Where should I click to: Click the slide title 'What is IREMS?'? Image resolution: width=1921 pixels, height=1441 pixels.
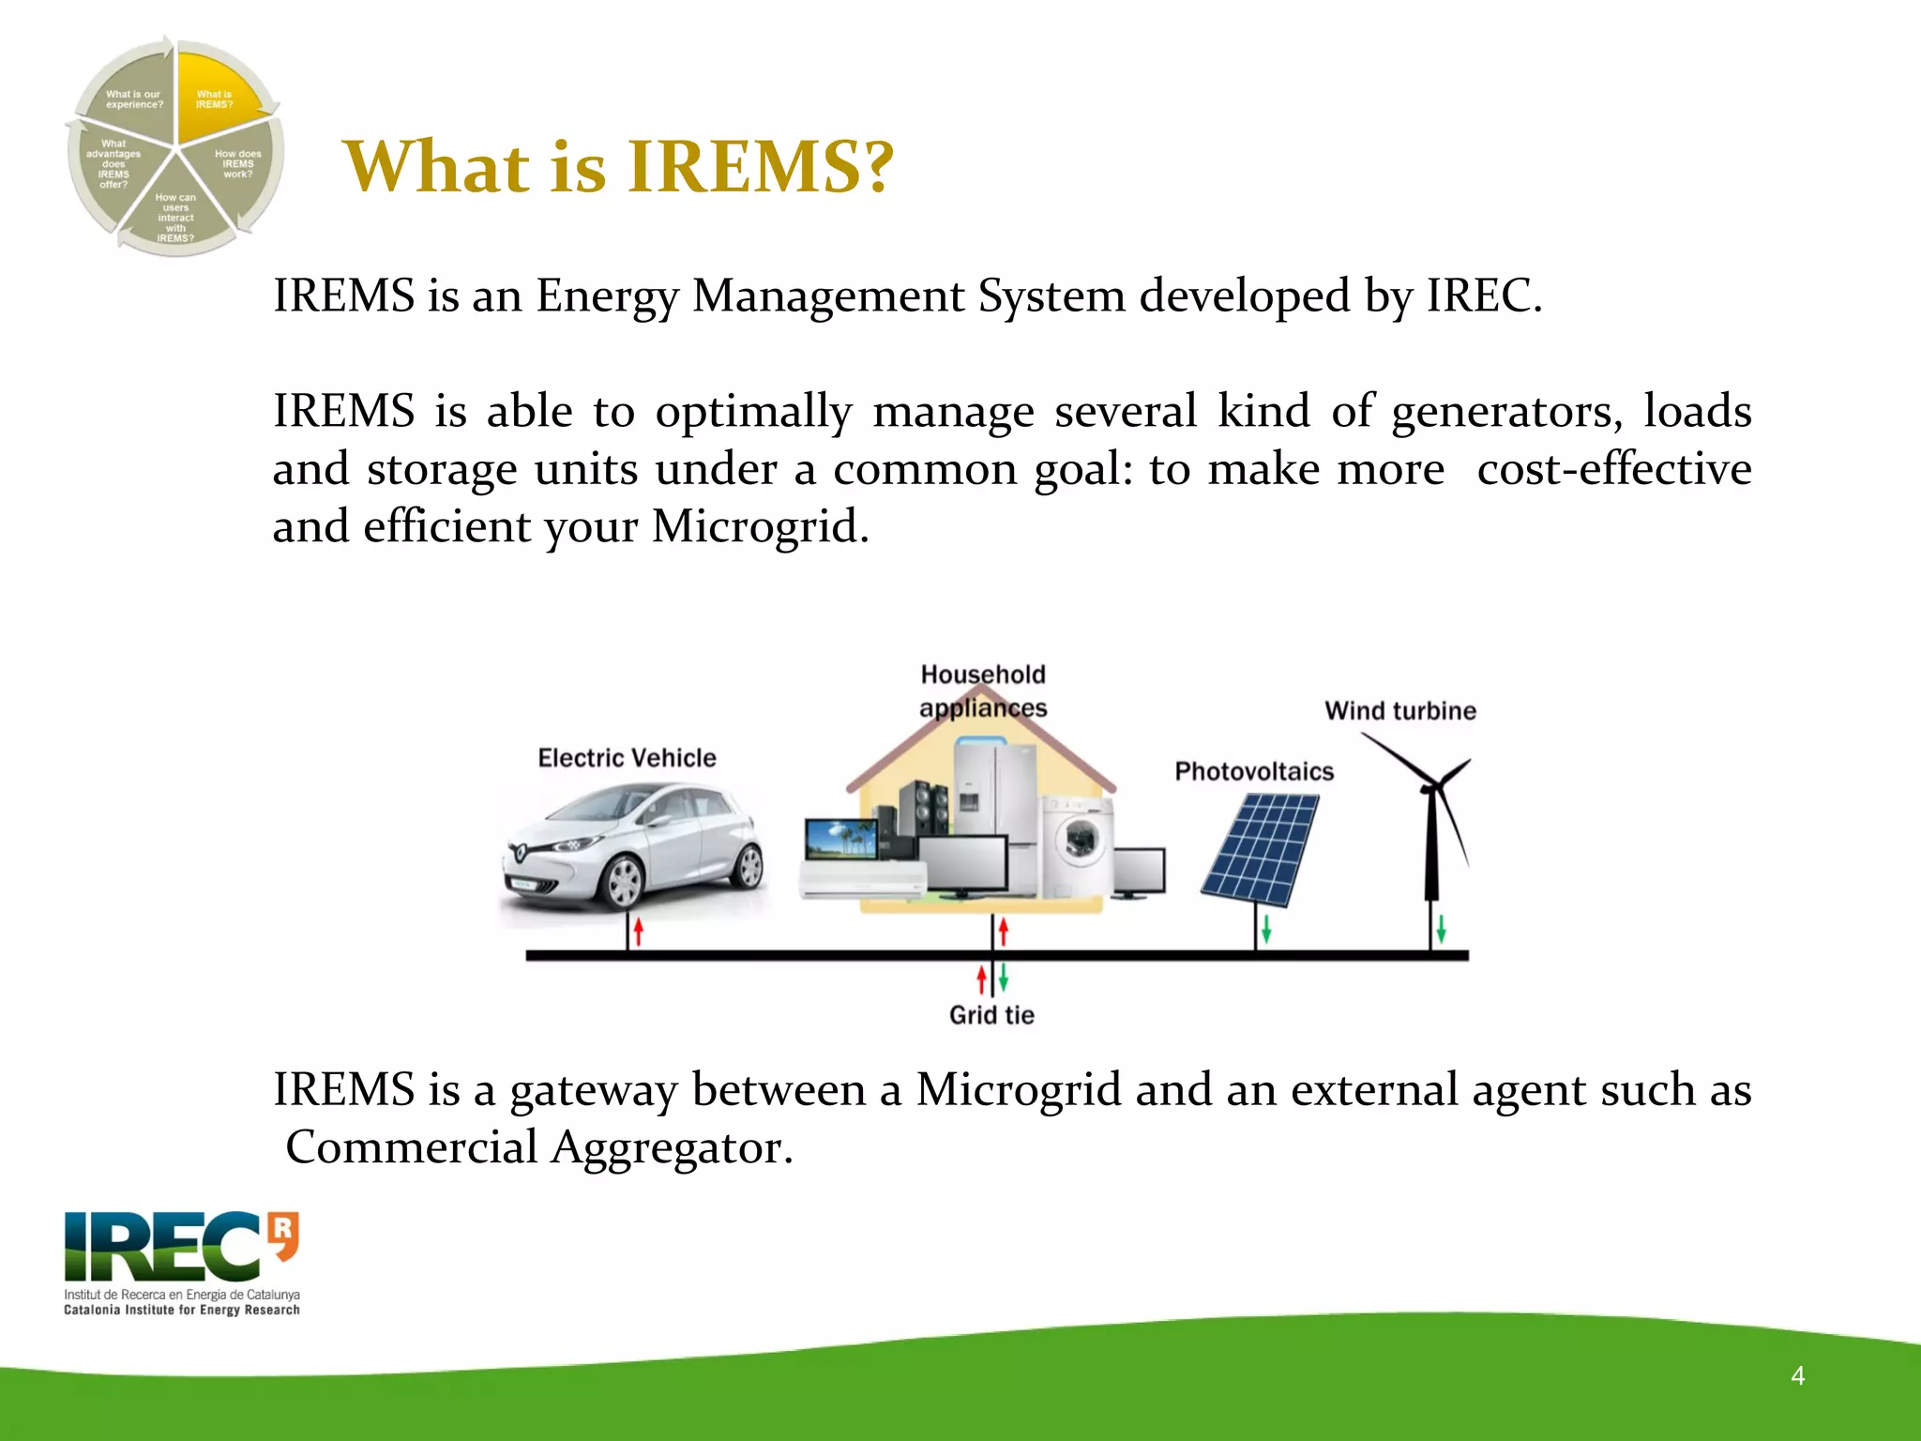coord(618,167)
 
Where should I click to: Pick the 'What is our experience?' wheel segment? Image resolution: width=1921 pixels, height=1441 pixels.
coord(132,98)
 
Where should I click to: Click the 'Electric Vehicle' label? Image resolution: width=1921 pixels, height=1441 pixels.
coord(627,758)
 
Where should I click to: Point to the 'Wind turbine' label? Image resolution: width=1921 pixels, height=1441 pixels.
coord(1399,711)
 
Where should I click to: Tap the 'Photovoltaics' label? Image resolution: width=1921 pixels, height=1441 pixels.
coord(1254,772)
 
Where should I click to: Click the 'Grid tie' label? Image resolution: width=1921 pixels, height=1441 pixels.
coord(991,1015)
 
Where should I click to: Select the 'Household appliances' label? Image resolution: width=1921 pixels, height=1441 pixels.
coord(983,690)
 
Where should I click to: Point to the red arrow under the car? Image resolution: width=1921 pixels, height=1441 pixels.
coord(639,931)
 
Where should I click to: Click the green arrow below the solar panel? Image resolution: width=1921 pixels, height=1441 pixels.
coord(1266,929)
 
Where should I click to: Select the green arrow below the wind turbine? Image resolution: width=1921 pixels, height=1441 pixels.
coord(1442,929)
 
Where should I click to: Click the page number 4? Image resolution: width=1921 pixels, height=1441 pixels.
coord(1797,1375)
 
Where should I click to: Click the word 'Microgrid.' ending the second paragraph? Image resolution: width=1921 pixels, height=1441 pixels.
coord(761,526)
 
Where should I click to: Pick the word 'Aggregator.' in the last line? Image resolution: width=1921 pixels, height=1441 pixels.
coord(672,1147)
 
